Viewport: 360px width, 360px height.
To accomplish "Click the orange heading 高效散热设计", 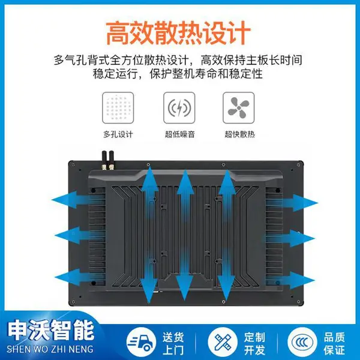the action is [x=178, y=32].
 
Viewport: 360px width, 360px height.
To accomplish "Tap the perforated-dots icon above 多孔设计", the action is [x=118, y=107].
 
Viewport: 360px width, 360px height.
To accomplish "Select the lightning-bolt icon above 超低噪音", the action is [x=179, y=107].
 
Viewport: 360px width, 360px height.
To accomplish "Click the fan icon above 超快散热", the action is [x=239, y=107].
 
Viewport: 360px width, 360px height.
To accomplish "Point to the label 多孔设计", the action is [x=118, y=134].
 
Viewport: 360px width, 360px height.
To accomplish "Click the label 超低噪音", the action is [x=180, y=134].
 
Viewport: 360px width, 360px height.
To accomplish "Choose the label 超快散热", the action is [x=239, y=134].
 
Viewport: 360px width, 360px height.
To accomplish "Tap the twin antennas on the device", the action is [x=107, y=160].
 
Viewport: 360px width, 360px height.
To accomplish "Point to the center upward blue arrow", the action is [x=185, y=195].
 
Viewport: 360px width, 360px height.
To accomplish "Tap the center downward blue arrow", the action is [x=185, y=275].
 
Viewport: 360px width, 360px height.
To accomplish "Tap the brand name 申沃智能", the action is [x=51, y=331].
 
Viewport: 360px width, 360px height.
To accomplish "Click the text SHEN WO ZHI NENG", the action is [x=50, y=349].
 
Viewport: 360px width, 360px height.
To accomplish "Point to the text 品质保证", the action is [x=335, y=344].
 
